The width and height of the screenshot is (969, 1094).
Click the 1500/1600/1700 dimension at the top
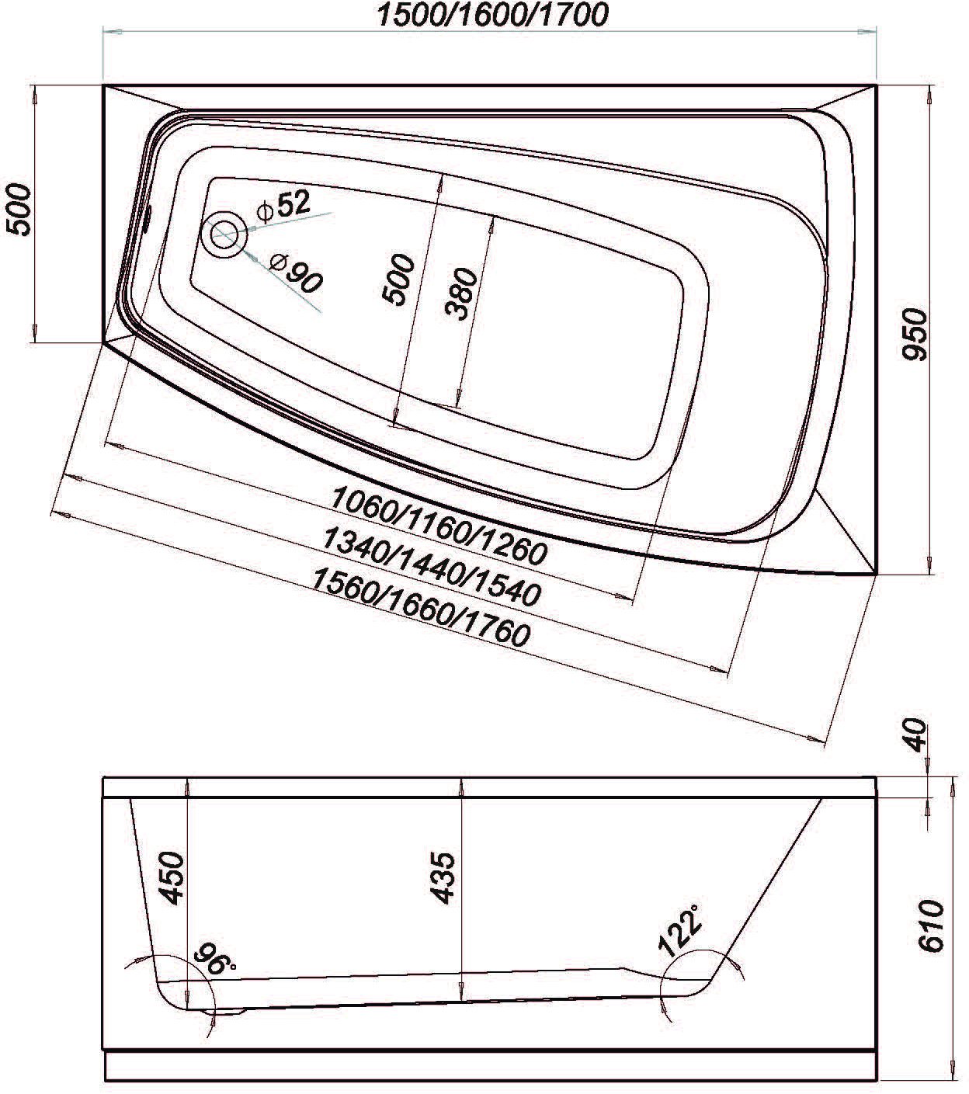pyautogui.click(x=492, y=15)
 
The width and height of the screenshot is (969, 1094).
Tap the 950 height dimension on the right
pyautogui.click(x=915, y=334)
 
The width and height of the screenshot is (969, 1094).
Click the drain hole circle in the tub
pyautogui.click(x=223, y=234)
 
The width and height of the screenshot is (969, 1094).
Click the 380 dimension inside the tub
pyautogui.click(x=462, y=293)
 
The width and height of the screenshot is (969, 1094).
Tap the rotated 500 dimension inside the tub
pyautogui.click(x=398, y=280)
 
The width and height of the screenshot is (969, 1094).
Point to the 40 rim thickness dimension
pyautogui.click(x=915, y=735)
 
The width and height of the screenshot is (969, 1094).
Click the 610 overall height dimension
pyautogui.click(x=930, y=926)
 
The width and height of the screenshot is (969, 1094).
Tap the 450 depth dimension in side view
pyautogui.click(x=172, y=877)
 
